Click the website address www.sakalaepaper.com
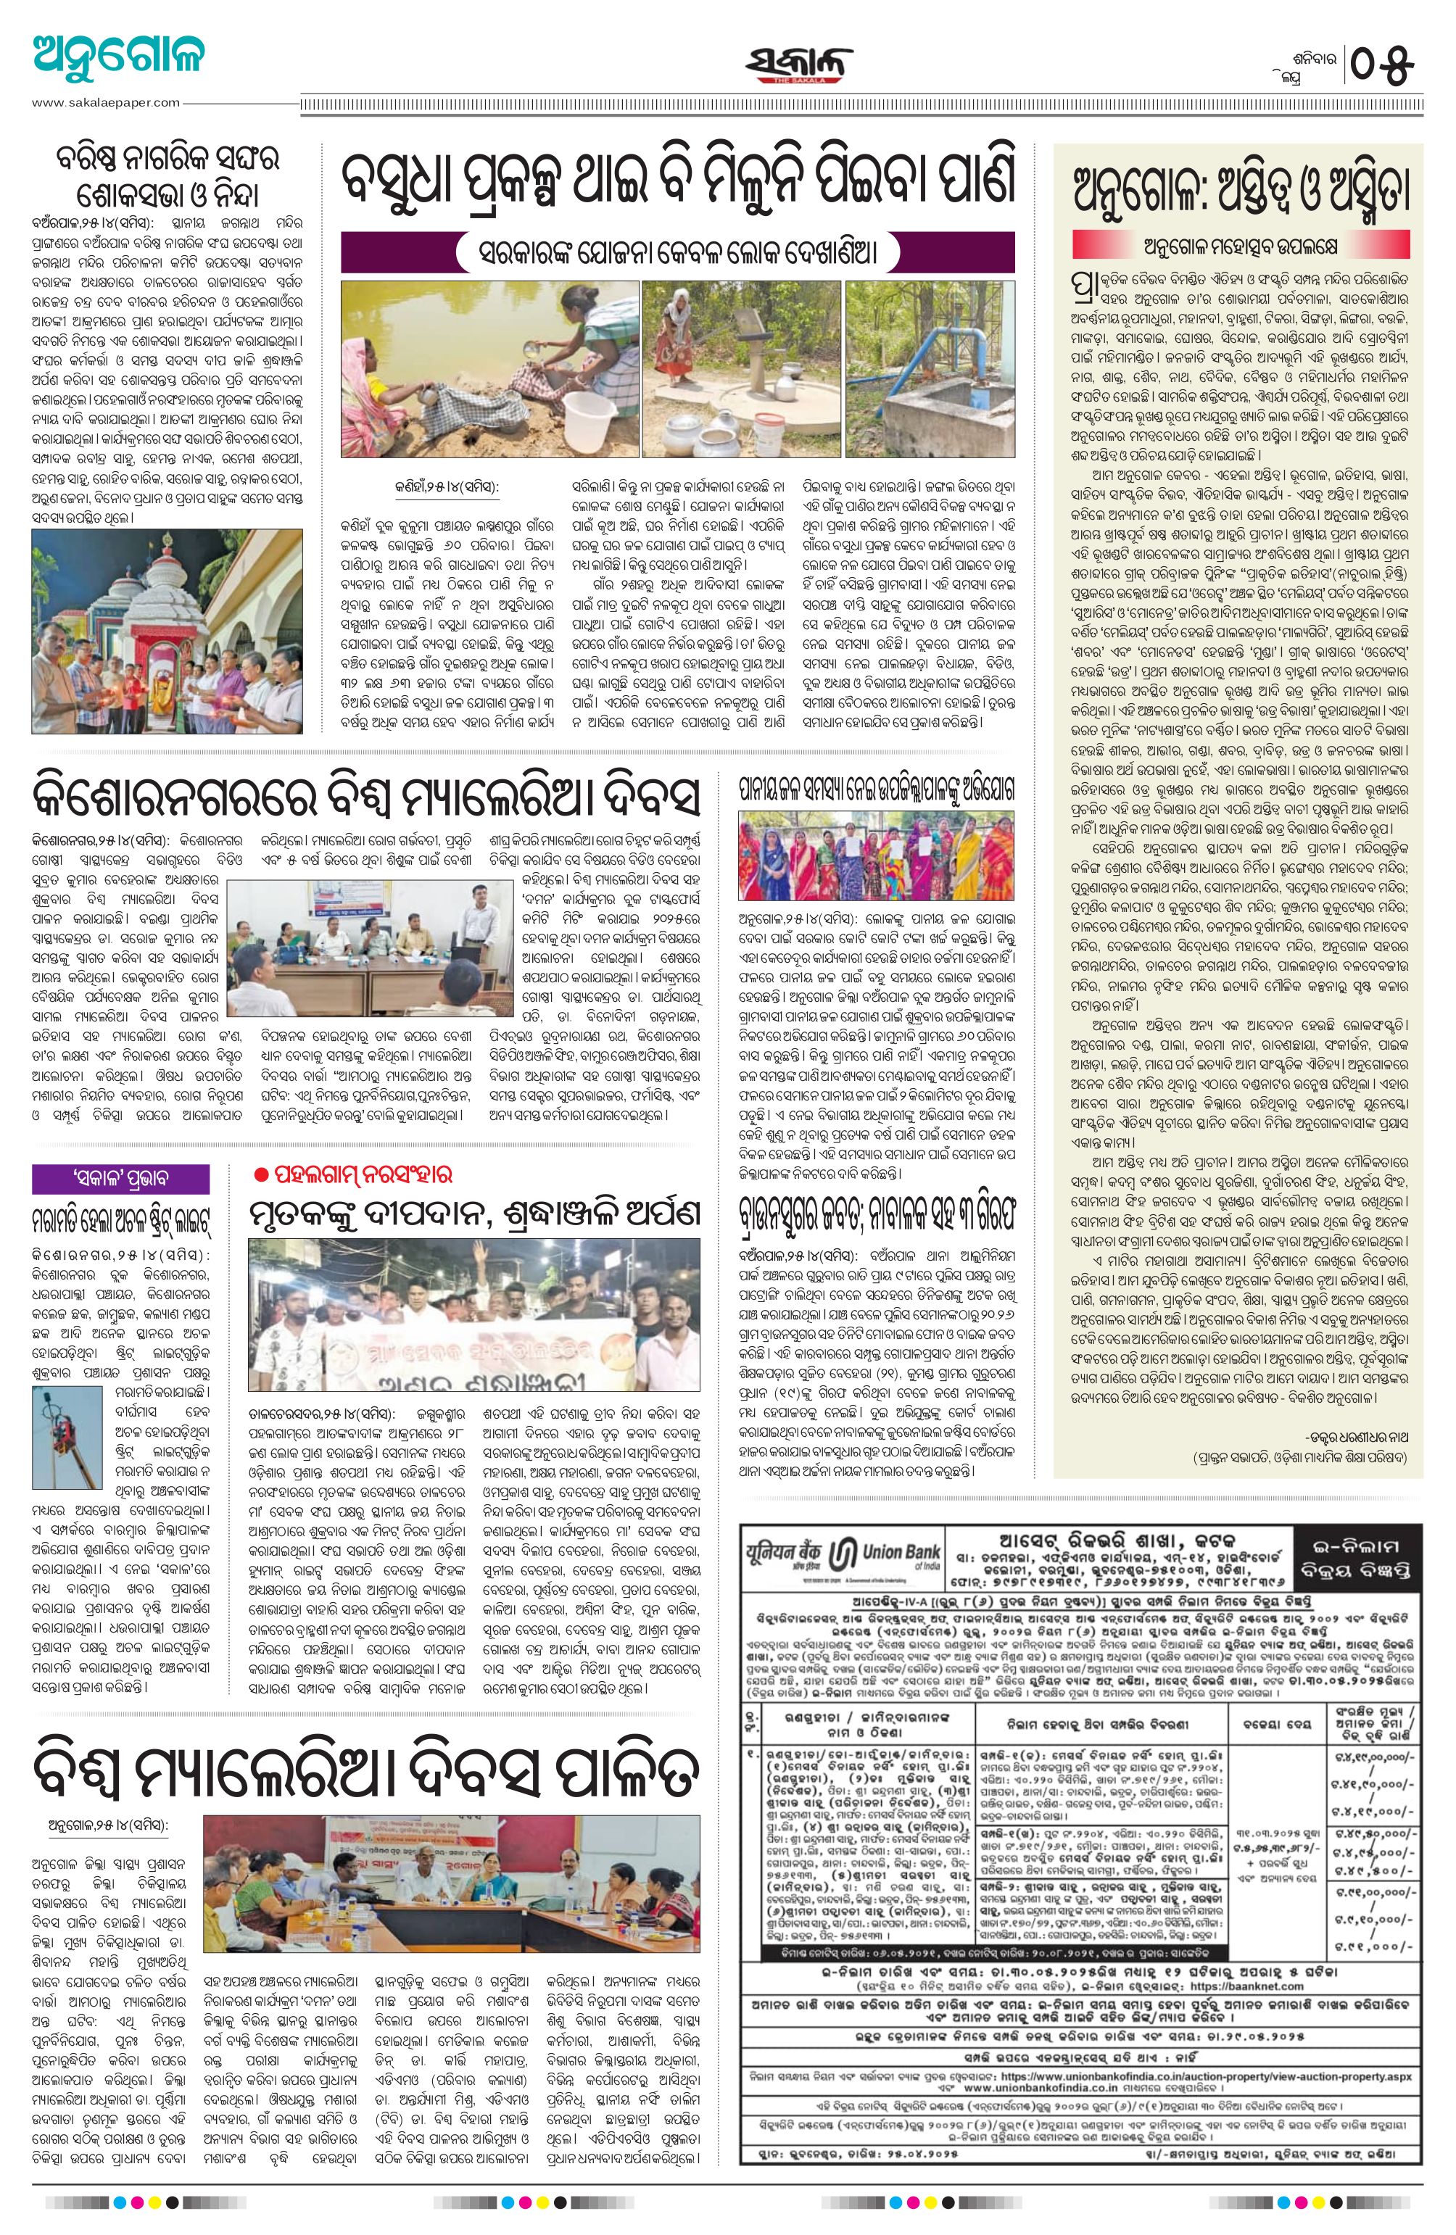[x=105, y=102]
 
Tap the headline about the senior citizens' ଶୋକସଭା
[x=165, y=179]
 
